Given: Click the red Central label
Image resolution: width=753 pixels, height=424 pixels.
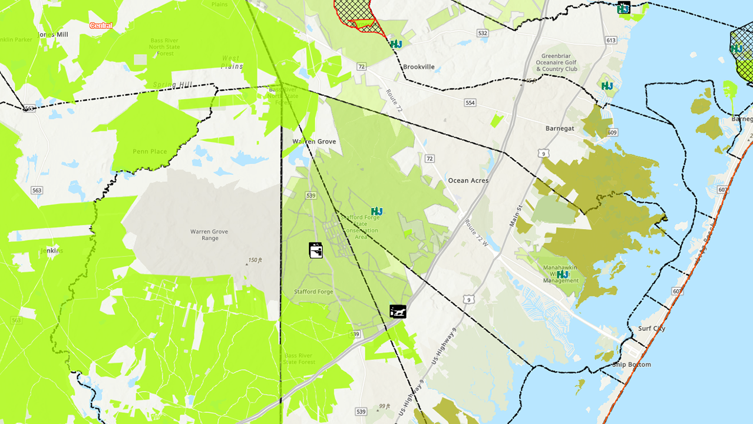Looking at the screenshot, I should point(101,26).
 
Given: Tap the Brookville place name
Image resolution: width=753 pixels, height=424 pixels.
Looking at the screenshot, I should point(418,67).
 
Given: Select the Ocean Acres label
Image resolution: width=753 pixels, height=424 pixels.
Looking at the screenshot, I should point(468,181).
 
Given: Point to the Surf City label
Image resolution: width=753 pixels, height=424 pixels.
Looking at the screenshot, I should point(652,329).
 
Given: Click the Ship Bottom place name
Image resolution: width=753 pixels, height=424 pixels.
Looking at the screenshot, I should point(631,365).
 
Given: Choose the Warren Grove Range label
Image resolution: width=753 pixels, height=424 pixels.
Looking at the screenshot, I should point(209,235).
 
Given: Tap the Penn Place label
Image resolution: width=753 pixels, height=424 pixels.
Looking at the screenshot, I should point(150,151).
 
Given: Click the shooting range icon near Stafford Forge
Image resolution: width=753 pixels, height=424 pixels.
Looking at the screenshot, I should point(316,250).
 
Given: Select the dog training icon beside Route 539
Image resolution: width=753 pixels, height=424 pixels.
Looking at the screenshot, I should point(398,311).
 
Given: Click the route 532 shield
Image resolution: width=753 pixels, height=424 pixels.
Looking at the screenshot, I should point(483,33).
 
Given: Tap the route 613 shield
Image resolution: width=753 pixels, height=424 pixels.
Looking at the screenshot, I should point(610,40).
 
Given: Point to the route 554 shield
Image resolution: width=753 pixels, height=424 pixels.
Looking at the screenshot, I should point(470,102).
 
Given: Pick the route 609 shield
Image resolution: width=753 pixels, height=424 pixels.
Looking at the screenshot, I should point(612,132).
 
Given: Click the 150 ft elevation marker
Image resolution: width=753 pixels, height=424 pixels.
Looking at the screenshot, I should point(255,260).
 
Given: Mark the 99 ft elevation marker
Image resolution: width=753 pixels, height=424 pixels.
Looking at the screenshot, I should point(384,406).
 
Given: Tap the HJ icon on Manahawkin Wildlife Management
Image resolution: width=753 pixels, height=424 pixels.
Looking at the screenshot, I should point(563,274).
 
